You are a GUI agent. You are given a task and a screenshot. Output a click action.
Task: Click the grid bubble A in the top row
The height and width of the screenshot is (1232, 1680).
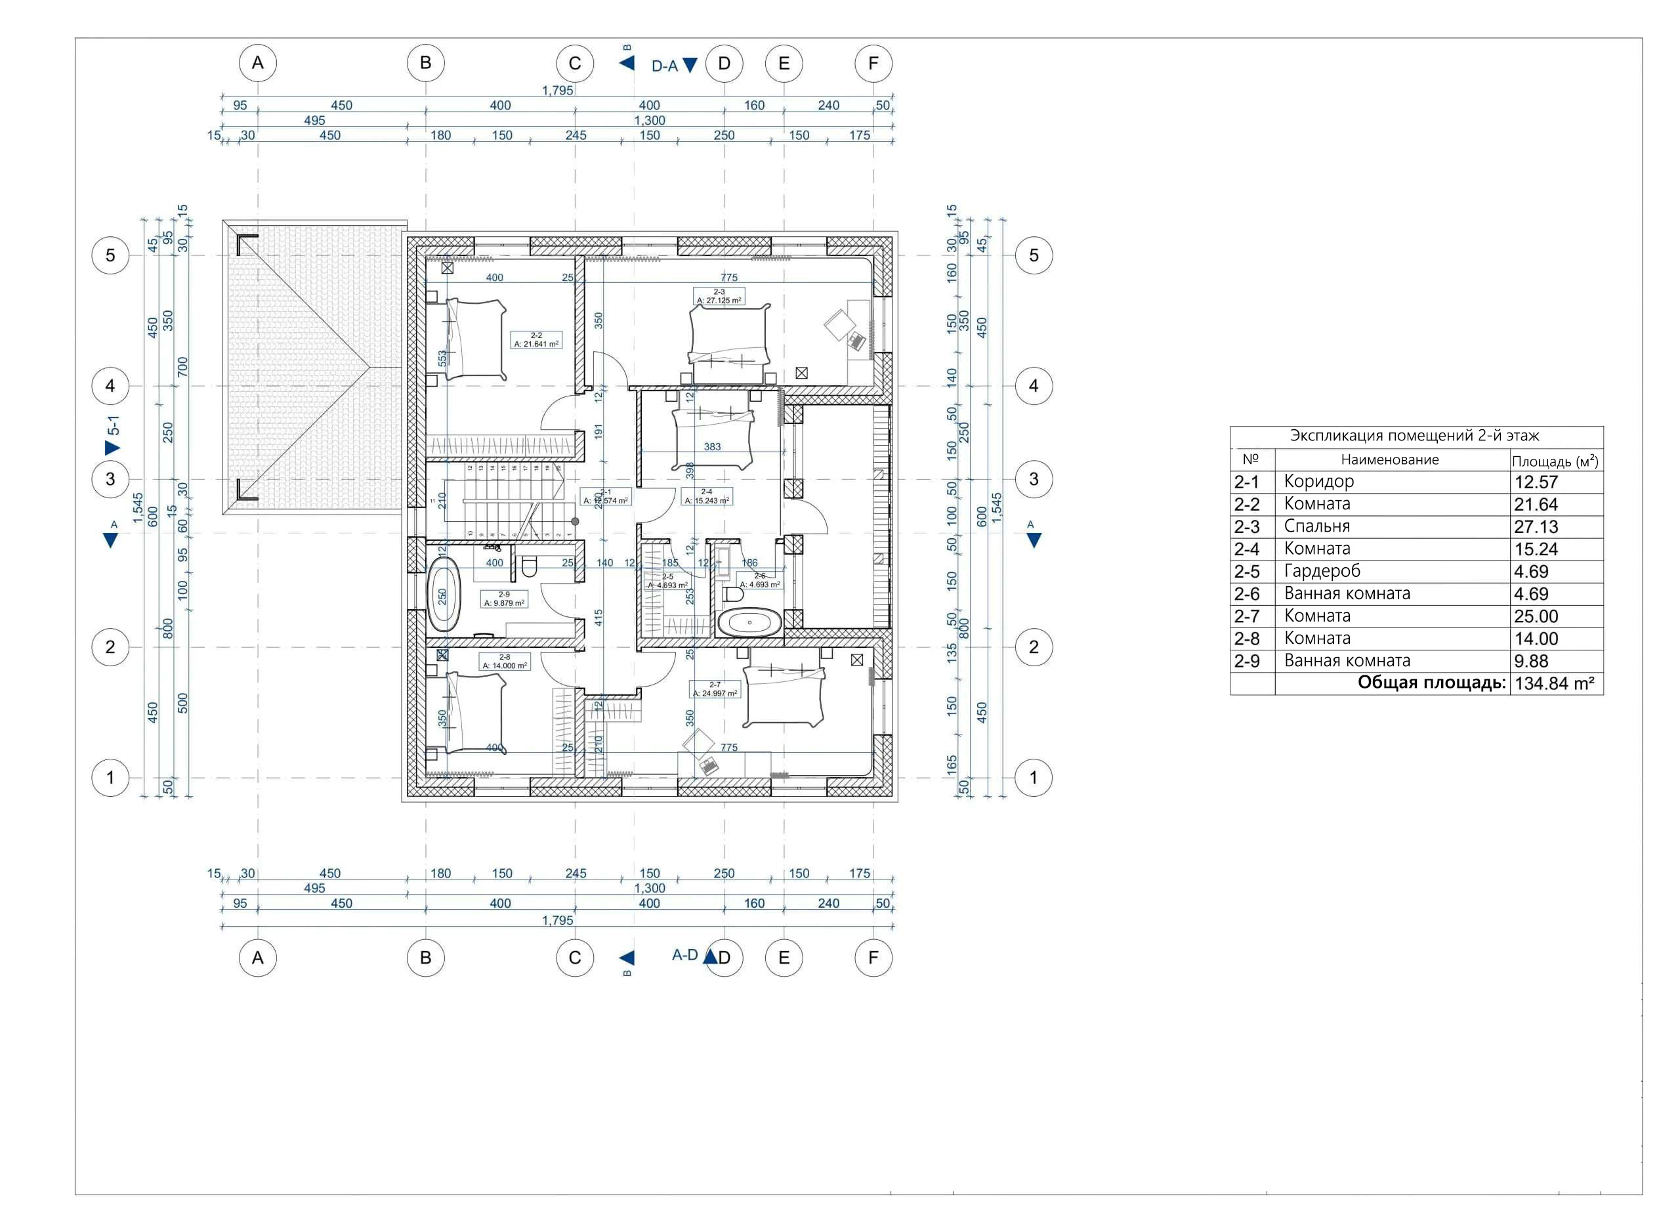pyautogui.click(x=257, y=64)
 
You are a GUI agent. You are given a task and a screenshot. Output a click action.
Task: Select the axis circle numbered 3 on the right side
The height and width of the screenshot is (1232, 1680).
pyautogui.click(x=1033, y=478)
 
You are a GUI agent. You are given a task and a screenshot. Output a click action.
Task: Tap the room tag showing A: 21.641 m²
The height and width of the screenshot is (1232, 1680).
pyautogui.click(x=536, y=341)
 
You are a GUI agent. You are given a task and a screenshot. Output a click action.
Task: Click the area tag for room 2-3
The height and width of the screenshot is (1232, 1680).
pyautogui.click(x=719, y=297)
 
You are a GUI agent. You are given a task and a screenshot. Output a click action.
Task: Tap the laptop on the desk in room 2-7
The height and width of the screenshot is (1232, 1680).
pyautogui.click(x=708, y=765)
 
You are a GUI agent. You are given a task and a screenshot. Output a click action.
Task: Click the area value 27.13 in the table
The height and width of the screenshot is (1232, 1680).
pyautogui.click(x=1536, y=526)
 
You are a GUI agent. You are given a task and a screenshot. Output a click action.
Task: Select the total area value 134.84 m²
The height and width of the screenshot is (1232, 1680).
pyautogui.click(x=1554, y=683)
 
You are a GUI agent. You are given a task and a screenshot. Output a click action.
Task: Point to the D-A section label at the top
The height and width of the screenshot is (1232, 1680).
pyautogui.click(x=664, y=66)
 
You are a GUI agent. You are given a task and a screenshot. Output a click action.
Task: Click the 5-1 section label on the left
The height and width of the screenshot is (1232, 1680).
pyautogui.click(x=114, y=426)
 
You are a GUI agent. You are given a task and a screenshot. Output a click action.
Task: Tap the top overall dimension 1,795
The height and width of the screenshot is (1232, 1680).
pyautogui.click(x=557, y=90)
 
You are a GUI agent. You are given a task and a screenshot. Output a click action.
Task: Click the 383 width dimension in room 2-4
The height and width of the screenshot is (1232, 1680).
pyautogui.click(x=712, y=447)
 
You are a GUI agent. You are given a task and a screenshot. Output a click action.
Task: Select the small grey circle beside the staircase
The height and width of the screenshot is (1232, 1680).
pyautogui.click(x=575, y=521)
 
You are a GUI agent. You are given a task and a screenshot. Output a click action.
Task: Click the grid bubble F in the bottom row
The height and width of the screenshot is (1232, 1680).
pyautogui.click(x=873, y=958)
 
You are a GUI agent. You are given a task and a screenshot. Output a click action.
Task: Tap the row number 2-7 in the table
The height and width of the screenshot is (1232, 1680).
pyautogui.click(x=1246, y=616)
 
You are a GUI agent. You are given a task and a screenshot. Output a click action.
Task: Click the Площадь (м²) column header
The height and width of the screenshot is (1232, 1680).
pyautogui.click(x=1555, y=461)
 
